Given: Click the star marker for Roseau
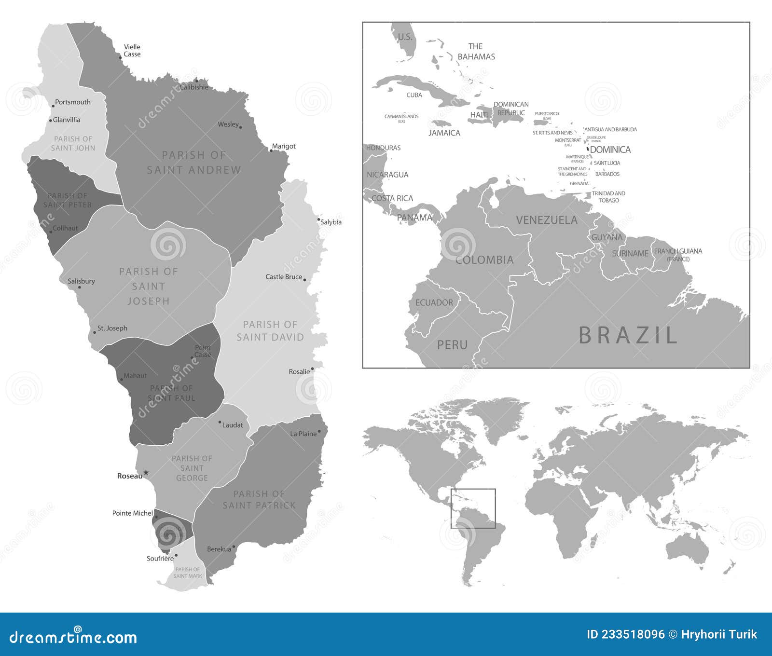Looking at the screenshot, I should click(x=146, y=473).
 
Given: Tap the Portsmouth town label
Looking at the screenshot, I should click(x=72, y=102).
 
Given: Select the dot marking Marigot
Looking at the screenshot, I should click(x=271, y=151).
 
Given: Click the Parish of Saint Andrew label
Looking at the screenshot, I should click(x=194, y=163).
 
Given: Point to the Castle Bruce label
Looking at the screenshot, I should click(x=284, y=277).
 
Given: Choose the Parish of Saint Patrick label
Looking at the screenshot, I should click(x=259, y=500).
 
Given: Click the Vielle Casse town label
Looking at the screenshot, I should click(x=132, y=51).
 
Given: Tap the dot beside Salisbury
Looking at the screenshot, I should click(x=80, y=288).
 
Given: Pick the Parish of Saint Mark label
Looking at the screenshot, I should click(x=188, y=573).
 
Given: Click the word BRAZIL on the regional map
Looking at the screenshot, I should click(x=628, y=335).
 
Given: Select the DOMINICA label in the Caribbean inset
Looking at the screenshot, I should click(x=610, y=150).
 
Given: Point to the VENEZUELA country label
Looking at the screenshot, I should click(x=547, y=220).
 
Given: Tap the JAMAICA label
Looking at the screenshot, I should click(x=444, y=133).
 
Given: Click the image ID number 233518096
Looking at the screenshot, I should click(x=625, y=634).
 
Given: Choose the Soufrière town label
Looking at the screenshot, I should click(x=160, y=559).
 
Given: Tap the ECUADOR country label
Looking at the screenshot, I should click(x=434, y=303).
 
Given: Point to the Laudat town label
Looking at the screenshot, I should click(x=233, y=425).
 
